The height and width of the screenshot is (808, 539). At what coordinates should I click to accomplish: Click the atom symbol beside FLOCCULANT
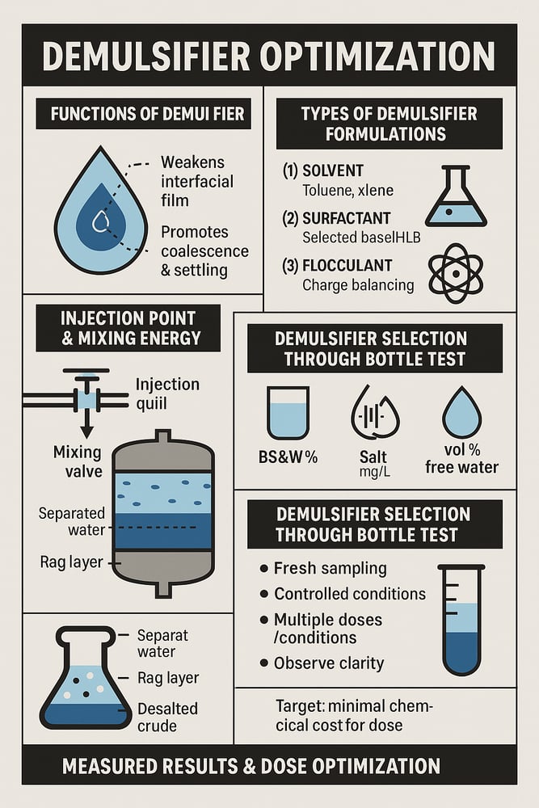(x=456, y=273)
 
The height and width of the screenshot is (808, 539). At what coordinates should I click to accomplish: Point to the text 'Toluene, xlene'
(x=347, y=191)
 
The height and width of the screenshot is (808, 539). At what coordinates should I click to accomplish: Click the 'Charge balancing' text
(x=358, y=285)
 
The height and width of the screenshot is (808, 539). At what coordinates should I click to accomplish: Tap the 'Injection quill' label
(x=167, y=393)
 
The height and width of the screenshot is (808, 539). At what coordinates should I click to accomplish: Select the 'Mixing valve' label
(x=78, y=461)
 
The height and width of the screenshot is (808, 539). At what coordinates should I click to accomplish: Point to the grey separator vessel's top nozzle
(x=163, y=436)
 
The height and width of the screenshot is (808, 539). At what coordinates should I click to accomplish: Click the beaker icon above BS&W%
(x=288, y=413)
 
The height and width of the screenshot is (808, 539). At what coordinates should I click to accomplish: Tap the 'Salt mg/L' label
(x=373, y=463)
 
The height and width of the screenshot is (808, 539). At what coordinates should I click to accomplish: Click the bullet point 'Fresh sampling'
(x=331, y=568)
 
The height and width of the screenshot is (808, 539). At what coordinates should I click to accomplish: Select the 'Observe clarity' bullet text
(x=329, y=663)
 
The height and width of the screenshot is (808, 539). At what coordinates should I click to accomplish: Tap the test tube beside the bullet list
(x=461, y=620)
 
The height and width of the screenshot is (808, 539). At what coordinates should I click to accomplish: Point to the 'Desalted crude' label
(x=167, y=718)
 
